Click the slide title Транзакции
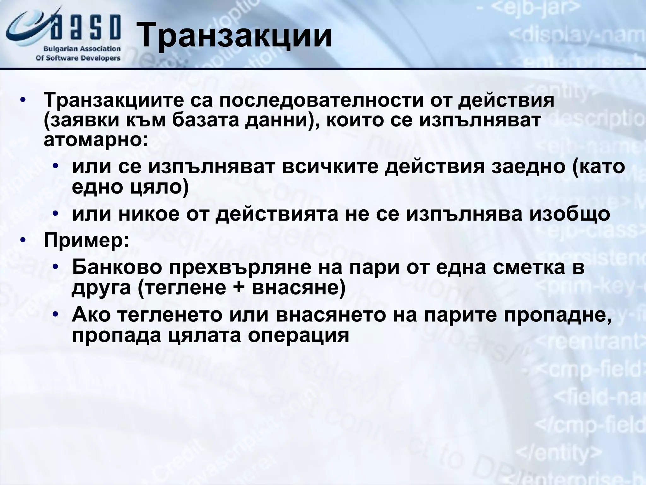pos(235,35)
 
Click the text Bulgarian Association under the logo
pos(82,49)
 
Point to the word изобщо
pos(569,214)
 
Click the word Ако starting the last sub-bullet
pos(92,314)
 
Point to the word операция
pos(298,335)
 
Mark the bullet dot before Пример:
pos(22,241)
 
